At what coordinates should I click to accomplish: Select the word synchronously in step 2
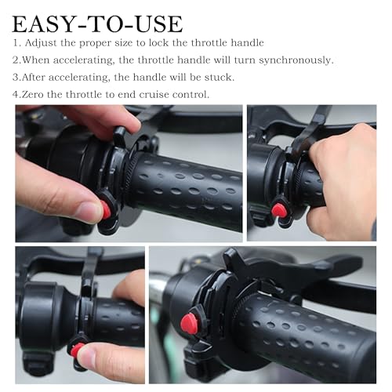(x=296, y=60)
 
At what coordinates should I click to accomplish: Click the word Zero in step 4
(x=32, y=95)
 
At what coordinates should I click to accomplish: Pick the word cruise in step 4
(x=154, y=95)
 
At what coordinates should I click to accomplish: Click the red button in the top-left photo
(x=105, y=209)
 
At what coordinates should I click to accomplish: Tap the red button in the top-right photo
(x=278, y=210)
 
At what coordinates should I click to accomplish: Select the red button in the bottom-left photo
(x=77, y=350)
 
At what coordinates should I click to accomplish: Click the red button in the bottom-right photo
(x=190, y=324)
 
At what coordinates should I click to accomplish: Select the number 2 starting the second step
(x=16, y=60)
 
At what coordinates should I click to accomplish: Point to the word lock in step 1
(x=158, y=43)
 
